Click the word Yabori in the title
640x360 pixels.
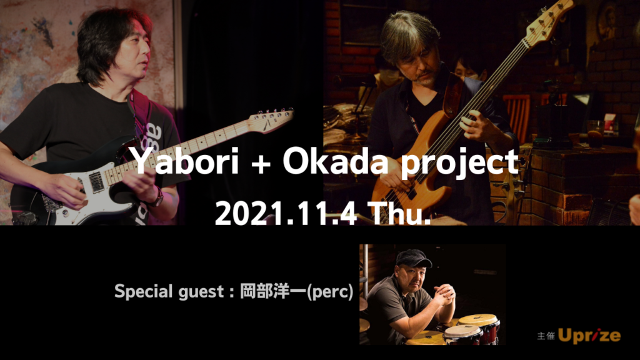point(186,162)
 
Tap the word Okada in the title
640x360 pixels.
point(336,162)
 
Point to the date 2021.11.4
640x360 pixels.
point(286,213)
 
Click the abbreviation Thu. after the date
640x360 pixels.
point(399,213)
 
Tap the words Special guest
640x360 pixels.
point(169,292)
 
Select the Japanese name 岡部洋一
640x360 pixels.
point(272,291)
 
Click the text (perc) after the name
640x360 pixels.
point(330,292)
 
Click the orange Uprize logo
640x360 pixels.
point(589,336)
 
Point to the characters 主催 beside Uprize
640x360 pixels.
point(546,336)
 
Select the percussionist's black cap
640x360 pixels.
point(412,257)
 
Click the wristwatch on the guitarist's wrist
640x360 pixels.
point(157,198)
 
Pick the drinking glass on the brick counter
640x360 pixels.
point(596,134)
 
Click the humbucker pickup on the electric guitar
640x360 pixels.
point(96,182)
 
